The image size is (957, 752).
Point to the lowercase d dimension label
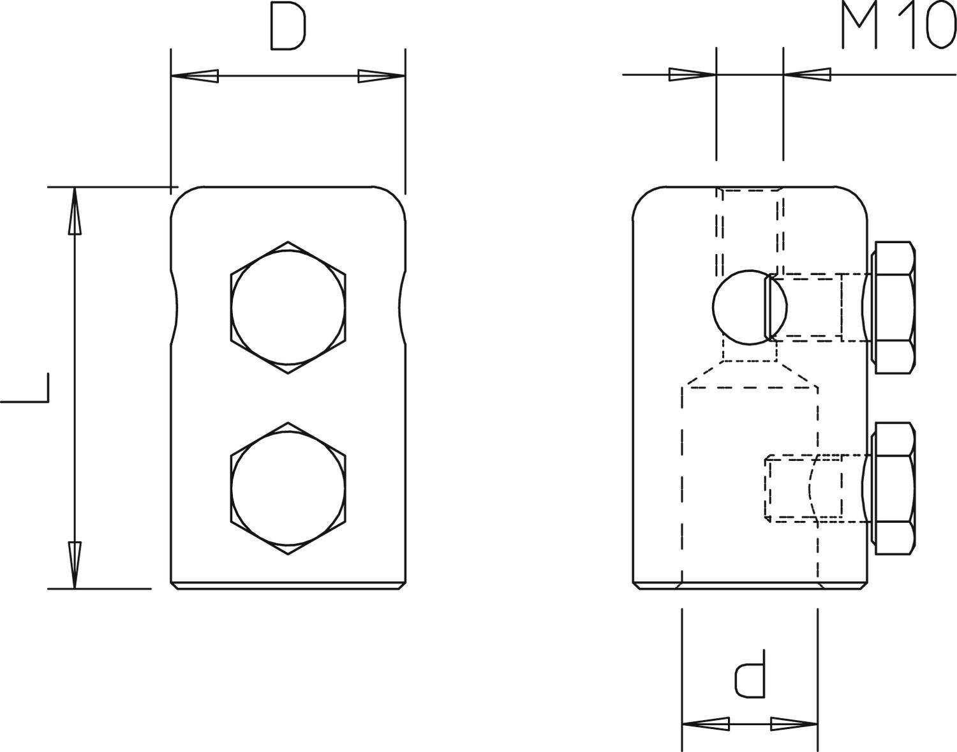(x=750, y=674)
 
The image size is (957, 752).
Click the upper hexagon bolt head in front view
(x=288, y=307)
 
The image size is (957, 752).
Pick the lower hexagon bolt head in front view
(x=288, y=488)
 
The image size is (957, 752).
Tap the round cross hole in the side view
(x=740, y=308)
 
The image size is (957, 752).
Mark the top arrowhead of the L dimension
(x=75, y=211)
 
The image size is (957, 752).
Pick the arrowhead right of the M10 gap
(x=808, y=75)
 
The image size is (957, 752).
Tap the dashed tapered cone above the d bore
(x=750, y=373)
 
